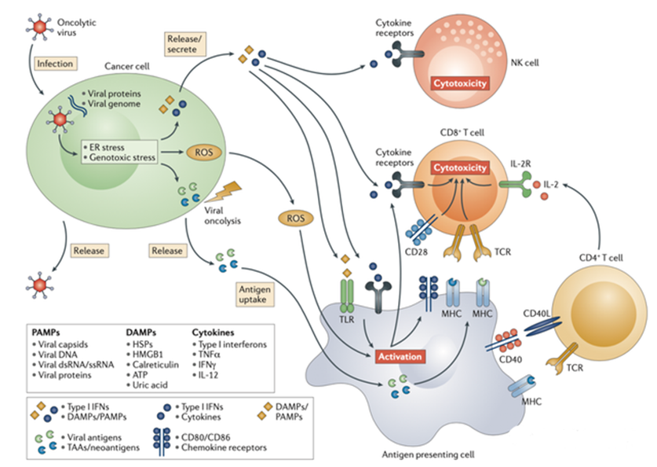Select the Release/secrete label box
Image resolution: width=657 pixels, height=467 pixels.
(x=184, y=43)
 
